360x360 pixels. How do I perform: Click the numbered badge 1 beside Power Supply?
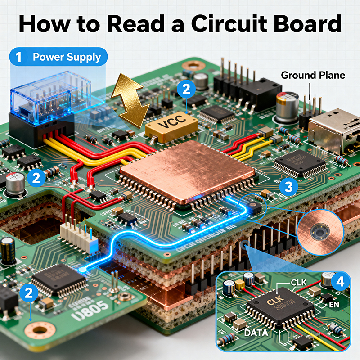pyautogui.click(x=18, y=58)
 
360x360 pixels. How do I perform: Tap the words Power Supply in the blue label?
pyautogui.click(x=67, y=58)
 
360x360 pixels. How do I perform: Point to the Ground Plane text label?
pyautogui.click(x=313, y=75)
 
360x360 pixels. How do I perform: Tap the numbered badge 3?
pyautogui.click(x=288, y=186)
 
